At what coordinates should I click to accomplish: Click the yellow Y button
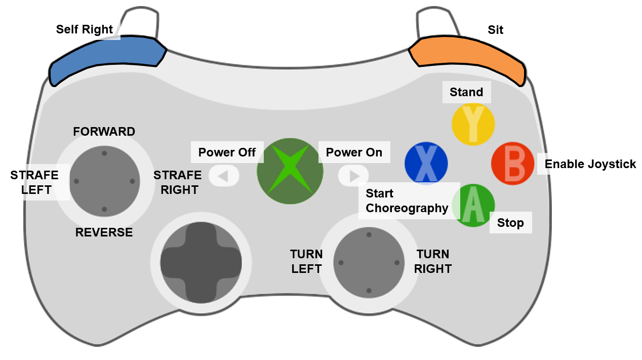coord(473,124)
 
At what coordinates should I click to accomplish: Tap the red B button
coord(512,164)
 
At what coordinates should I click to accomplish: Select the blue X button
coord(426,163)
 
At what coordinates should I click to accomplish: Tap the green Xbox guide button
coord(290,171)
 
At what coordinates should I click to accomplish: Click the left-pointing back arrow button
coord(222,176)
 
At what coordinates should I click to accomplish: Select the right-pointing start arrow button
coord(354,176)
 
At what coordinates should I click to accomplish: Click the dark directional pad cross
coord(200,262)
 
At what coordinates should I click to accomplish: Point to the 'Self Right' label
coord(85,29)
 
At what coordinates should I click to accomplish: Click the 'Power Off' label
coord(227,152)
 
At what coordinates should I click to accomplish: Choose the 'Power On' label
coord(354,152)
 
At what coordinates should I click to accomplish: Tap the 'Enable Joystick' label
coord(590,164)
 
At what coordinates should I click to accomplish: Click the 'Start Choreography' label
coord(407,201)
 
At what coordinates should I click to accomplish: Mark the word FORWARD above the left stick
coord(104,132)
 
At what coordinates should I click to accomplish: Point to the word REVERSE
coord(104,232)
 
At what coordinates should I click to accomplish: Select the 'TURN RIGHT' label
coord(433,261)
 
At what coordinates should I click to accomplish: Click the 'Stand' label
coord(466,92)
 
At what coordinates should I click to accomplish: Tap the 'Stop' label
coord(510,223)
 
